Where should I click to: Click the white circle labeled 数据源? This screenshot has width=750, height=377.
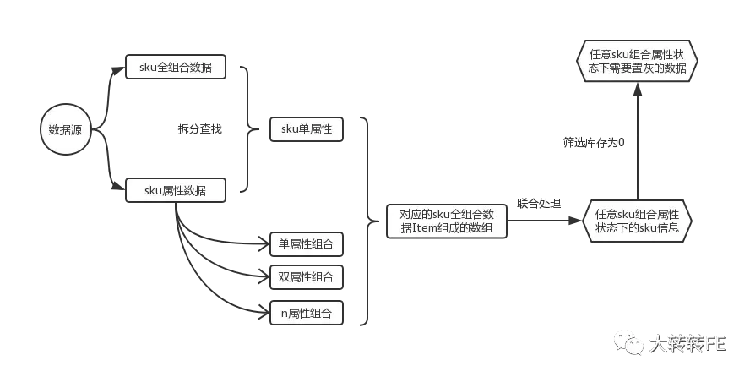click(66, 130)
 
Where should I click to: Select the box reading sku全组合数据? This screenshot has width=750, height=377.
click(177, 68)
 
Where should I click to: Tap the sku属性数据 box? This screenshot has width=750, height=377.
click(177, 191)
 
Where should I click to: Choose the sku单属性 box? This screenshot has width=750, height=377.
click(306, 129)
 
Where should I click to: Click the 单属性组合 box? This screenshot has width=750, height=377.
click(306, 245)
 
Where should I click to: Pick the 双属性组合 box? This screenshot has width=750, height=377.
click(306, 276)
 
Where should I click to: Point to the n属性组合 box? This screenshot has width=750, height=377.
click(306, 314)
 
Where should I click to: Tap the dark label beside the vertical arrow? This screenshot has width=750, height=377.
click(595, 142)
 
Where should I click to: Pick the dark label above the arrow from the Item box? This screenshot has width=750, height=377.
click(537, 203)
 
